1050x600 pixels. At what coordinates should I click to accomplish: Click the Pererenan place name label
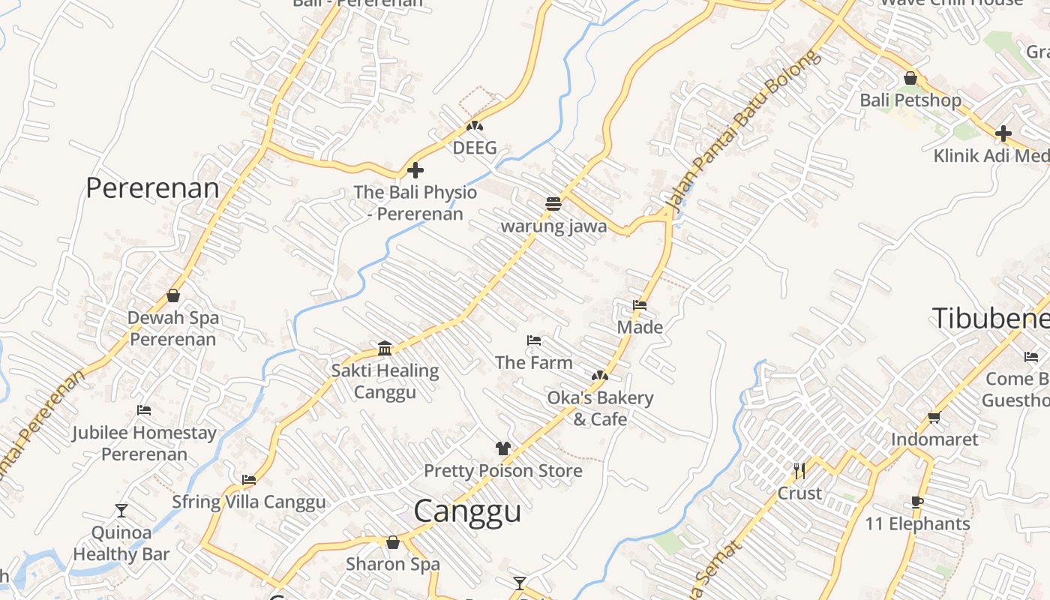click(152, 188)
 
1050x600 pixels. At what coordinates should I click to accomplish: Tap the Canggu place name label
click(467, 511)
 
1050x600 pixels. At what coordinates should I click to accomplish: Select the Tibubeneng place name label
click(990, 318)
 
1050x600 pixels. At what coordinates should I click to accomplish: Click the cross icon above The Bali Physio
click(415, 171)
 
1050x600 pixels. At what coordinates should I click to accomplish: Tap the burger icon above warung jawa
click(553, 203)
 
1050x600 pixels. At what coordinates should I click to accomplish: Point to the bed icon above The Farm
click(534, 340)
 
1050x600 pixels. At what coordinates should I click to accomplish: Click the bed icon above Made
click(640, 305)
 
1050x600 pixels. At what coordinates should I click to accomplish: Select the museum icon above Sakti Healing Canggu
click(385, 348)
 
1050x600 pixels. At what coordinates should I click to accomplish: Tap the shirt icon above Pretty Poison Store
click(502, 448)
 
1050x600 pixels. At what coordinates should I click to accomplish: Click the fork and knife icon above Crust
click(799, 471)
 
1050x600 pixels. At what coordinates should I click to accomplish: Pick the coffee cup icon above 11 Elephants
click(916, 502)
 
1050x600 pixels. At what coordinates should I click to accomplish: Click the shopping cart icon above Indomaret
click(934, 417)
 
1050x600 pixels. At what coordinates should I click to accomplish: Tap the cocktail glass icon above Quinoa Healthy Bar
click(121, 511)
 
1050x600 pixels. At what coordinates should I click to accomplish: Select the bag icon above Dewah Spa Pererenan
click(173, 295)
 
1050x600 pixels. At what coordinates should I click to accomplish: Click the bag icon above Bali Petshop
click(910, 78)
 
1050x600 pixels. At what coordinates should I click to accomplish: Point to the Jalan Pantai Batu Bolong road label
click(742, 133)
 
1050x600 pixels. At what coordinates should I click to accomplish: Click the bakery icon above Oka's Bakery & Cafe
click(599, 375)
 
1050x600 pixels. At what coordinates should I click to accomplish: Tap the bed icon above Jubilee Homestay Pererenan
click(144, 410)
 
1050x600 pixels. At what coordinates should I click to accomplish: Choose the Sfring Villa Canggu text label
click(249, 502)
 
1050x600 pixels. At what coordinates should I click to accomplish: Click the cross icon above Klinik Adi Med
click(1003, 133)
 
